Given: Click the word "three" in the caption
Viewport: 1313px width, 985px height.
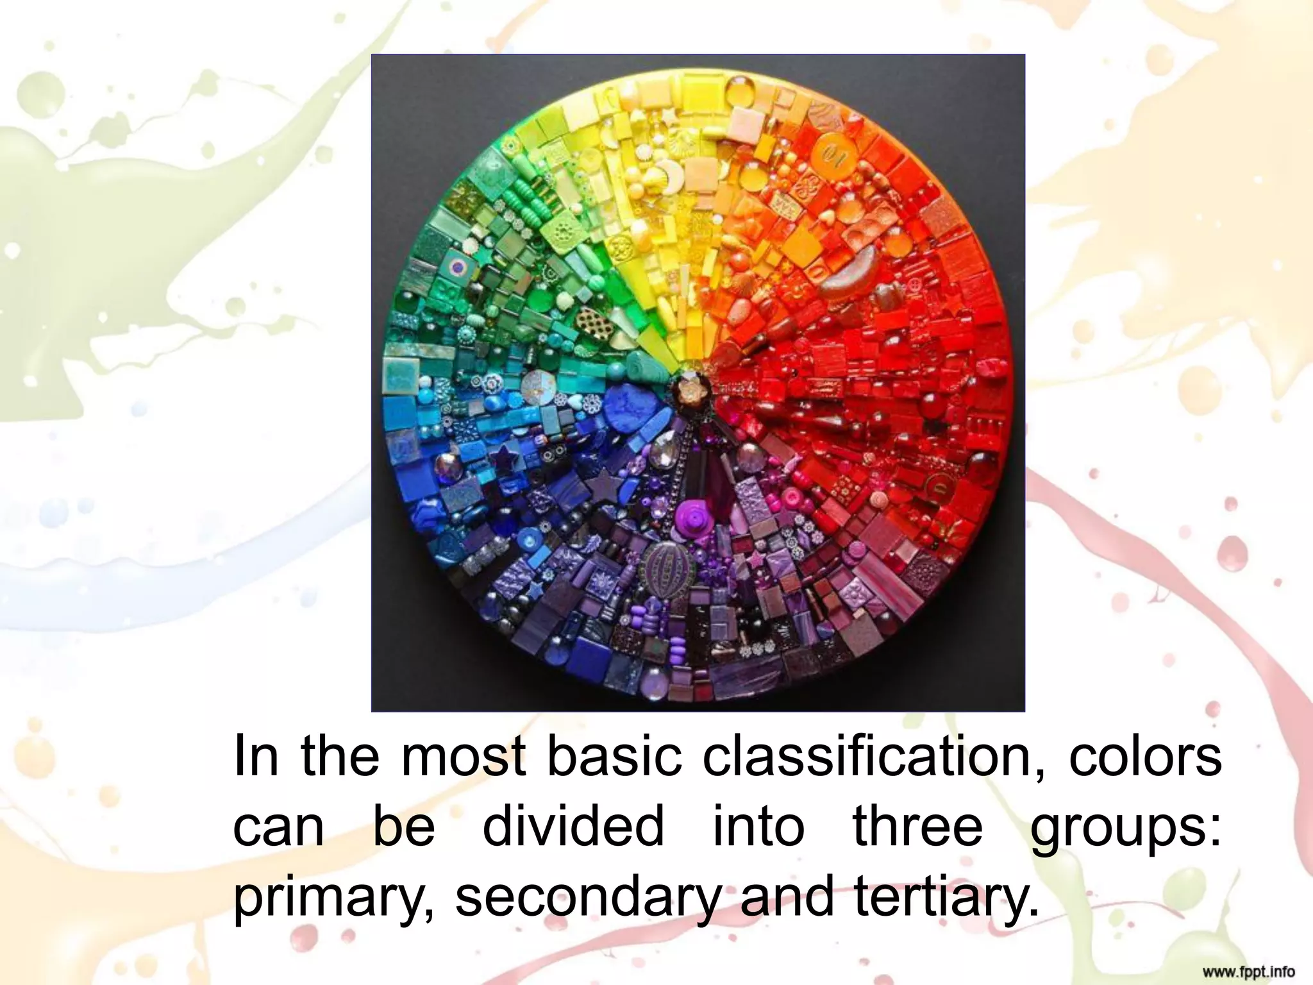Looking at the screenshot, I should [917, 827].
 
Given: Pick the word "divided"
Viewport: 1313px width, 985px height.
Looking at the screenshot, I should [573, 827].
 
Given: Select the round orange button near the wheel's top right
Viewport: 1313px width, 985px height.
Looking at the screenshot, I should [831, 154].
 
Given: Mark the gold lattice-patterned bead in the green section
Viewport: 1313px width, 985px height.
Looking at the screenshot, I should [588, 317].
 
